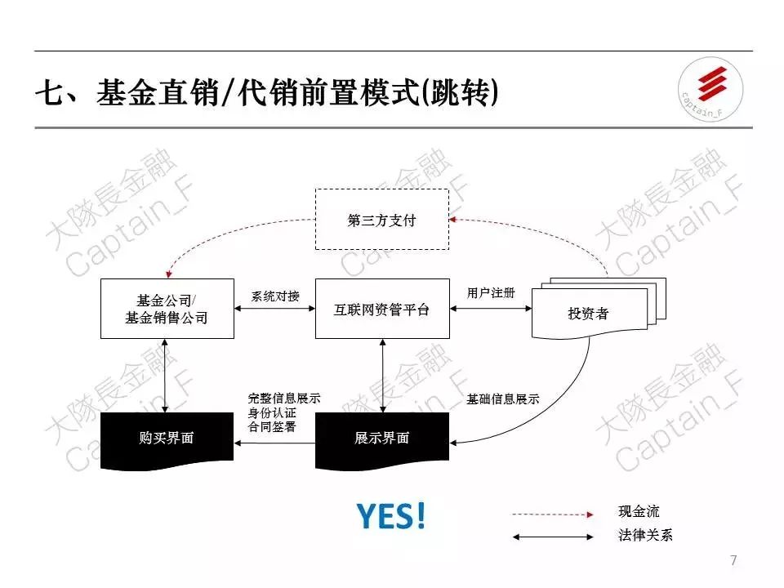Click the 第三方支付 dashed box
[x=382, y=220]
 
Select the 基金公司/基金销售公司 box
[x=167, y=309]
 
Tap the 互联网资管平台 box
[x=382, y=309]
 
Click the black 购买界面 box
[x=166, y=439]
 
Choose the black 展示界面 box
[x=382, y=439]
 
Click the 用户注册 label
[x=491, y=293]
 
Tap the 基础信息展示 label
[x=503, y=400]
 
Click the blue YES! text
[x=391, y=516]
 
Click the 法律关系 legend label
[x=646, y=537]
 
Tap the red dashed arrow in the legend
[x=552, y=514]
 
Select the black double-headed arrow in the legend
[x=552, y=537]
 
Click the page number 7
[x=733, y=560]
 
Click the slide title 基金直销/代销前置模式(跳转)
[x=266, y=92]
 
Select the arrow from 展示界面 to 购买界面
[x=275, y=443]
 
